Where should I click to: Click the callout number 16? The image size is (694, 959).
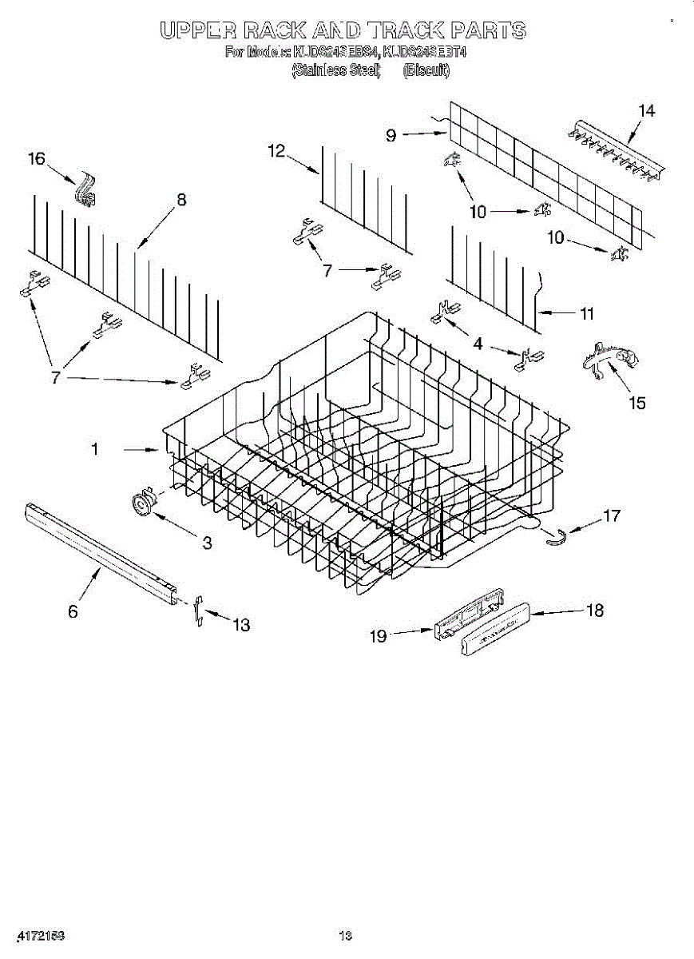tap(37, 159)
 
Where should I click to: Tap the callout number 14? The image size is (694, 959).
tap(646, 111)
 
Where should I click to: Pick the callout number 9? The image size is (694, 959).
tap(391, 135)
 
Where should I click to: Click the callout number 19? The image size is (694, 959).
tap(378, 635)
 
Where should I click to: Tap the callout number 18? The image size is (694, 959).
tap(594, 611)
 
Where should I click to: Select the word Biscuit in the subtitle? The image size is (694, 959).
tap(426, 70)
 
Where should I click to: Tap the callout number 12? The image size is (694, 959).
tap(276, 150)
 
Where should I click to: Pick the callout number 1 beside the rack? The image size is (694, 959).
tap(94, 450)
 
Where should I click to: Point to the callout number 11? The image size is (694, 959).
tap(586, 314)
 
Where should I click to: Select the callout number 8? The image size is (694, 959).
tap(181, 200)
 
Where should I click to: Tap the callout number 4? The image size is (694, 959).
tap(478, 344)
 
